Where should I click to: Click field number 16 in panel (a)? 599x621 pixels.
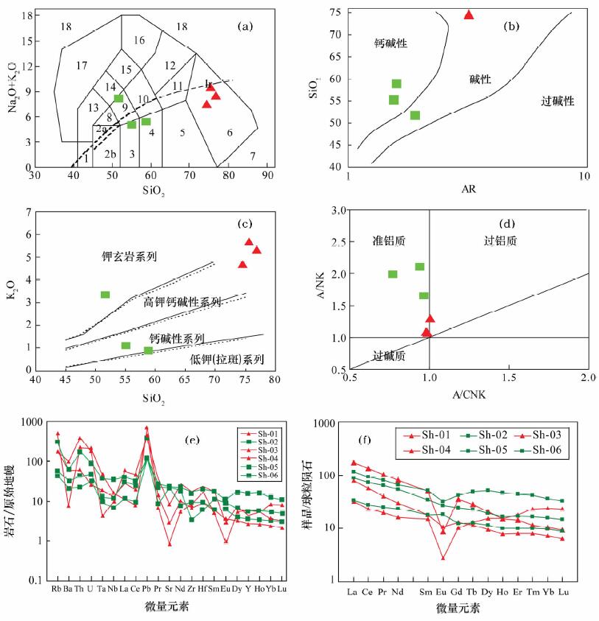coord(139,40)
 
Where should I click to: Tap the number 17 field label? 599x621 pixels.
coord(82,66)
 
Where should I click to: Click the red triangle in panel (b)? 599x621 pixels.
coord(469,14)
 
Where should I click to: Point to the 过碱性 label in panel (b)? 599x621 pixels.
coord(557,100)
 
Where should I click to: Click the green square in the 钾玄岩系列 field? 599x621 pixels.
coord(105,295)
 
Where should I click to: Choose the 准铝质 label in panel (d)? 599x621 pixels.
coord(389,241)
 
